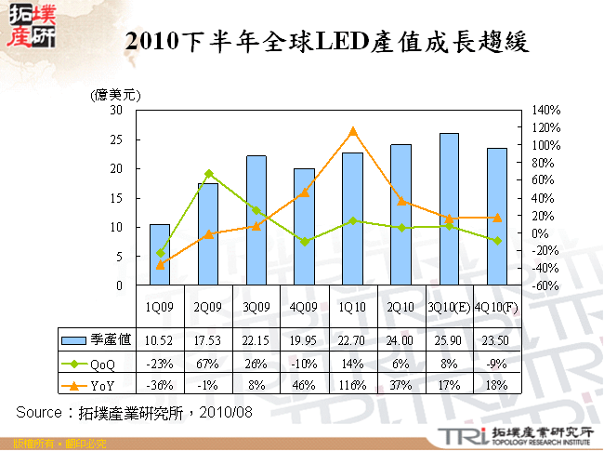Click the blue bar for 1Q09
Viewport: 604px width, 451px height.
point(160,255)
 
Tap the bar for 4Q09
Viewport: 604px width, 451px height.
point(304,227)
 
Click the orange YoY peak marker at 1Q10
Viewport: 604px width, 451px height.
point(352,131)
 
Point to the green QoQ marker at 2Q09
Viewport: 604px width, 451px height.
point(208,174)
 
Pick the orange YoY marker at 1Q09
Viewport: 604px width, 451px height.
point(160,265)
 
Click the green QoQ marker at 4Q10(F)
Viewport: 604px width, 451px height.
point(497,241)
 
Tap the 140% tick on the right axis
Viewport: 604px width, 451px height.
point(545,110)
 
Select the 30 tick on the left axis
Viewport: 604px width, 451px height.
point(116,110)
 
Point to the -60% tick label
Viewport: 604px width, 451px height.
point(545,286)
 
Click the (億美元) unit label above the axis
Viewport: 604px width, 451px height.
point(113,95)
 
